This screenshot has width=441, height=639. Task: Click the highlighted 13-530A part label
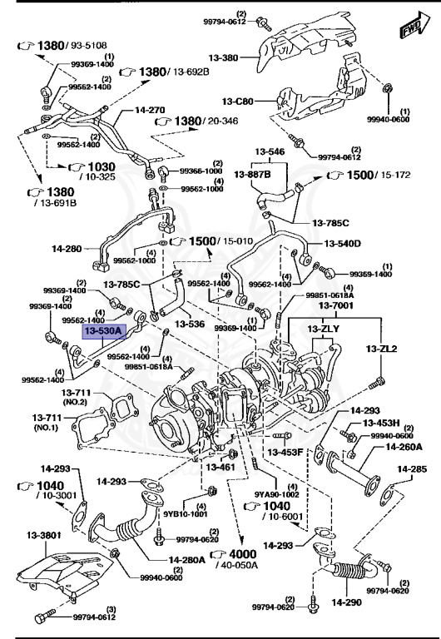point(102,331)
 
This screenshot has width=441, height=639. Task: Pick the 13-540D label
point(343,244)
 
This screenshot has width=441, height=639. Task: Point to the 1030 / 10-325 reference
point(93,170)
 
